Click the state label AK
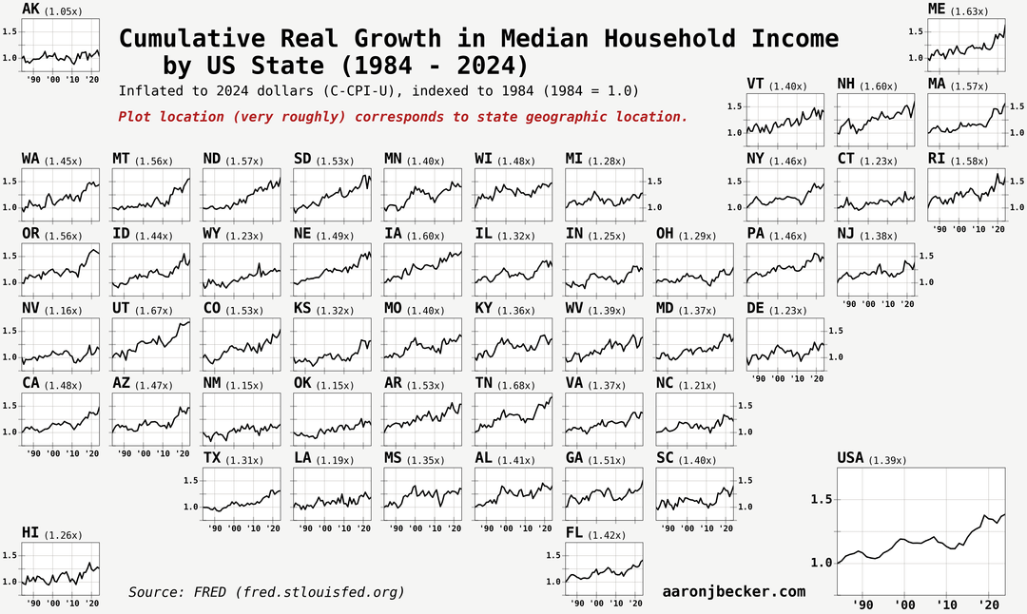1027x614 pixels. coord(30,10)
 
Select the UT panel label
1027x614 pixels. coord(122,308)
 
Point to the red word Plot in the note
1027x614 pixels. coord(134,117)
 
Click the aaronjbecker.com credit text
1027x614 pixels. coord(733,591)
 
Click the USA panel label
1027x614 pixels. coord(850,458)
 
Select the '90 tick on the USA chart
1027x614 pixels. coord(862,604)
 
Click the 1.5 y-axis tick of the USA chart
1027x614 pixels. coord(821,499)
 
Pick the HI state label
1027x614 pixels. coord(30,532)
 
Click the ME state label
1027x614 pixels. coord(938,10)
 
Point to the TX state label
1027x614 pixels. coord(212,458)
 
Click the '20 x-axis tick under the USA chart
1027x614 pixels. coord(988,604)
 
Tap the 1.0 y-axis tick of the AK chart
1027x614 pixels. coord(10,58)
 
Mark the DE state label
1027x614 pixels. coord(755,308)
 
